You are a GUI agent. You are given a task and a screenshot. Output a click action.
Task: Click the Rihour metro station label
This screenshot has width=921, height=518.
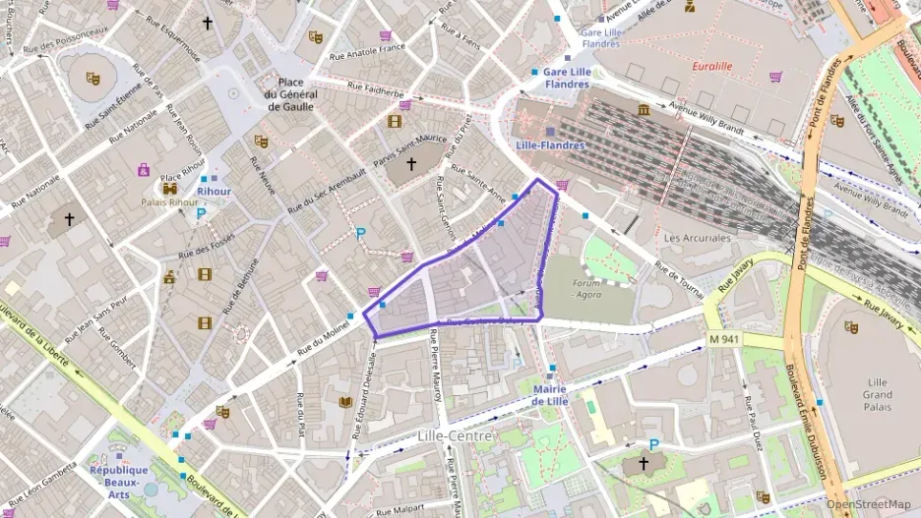click(x=214, y=192)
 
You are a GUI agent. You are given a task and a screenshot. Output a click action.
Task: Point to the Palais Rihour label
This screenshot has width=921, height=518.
click(x=169, y=203)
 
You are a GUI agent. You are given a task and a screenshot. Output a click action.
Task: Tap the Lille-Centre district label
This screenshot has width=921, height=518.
click(x=447, y=434)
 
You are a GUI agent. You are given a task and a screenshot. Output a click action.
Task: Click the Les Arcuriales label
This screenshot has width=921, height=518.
click(x=697, y=238)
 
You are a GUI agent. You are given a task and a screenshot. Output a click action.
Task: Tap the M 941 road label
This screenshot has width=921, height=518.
click(x=722, y=339)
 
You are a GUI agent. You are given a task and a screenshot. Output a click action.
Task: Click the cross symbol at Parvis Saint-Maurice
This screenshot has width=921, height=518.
click(x=411, y=164)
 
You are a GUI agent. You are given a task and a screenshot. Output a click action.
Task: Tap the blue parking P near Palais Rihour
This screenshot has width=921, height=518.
click(x=201, y=212)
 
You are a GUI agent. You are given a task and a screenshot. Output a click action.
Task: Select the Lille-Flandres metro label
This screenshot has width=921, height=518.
click(x=550, y=145)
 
